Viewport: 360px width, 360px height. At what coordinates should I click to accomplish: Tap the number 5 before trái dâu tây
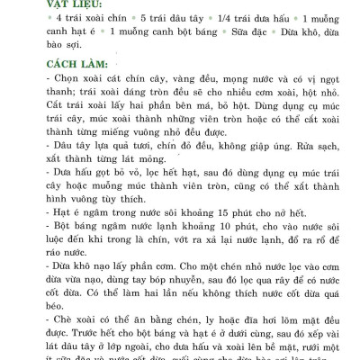click(145, 19)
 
